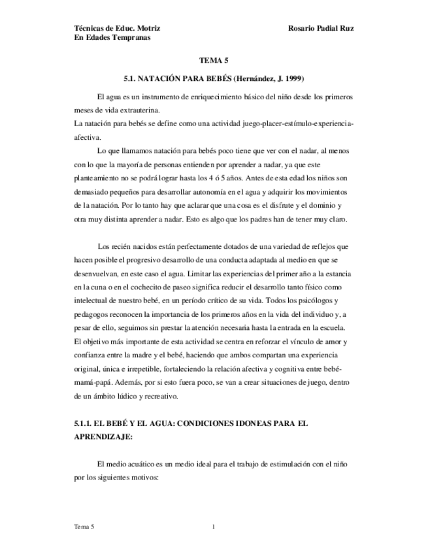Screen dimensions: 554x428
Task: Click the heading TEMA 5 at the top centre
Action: click(x=214, y=59)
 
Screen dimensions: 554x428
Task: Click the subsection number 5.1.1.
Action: click(x=84, y=423)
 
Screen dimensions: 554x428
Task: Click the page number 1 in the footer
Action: click(x=214, y=526)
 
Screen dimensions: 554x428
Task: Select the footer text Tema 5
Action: click(x=84, y=526)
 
